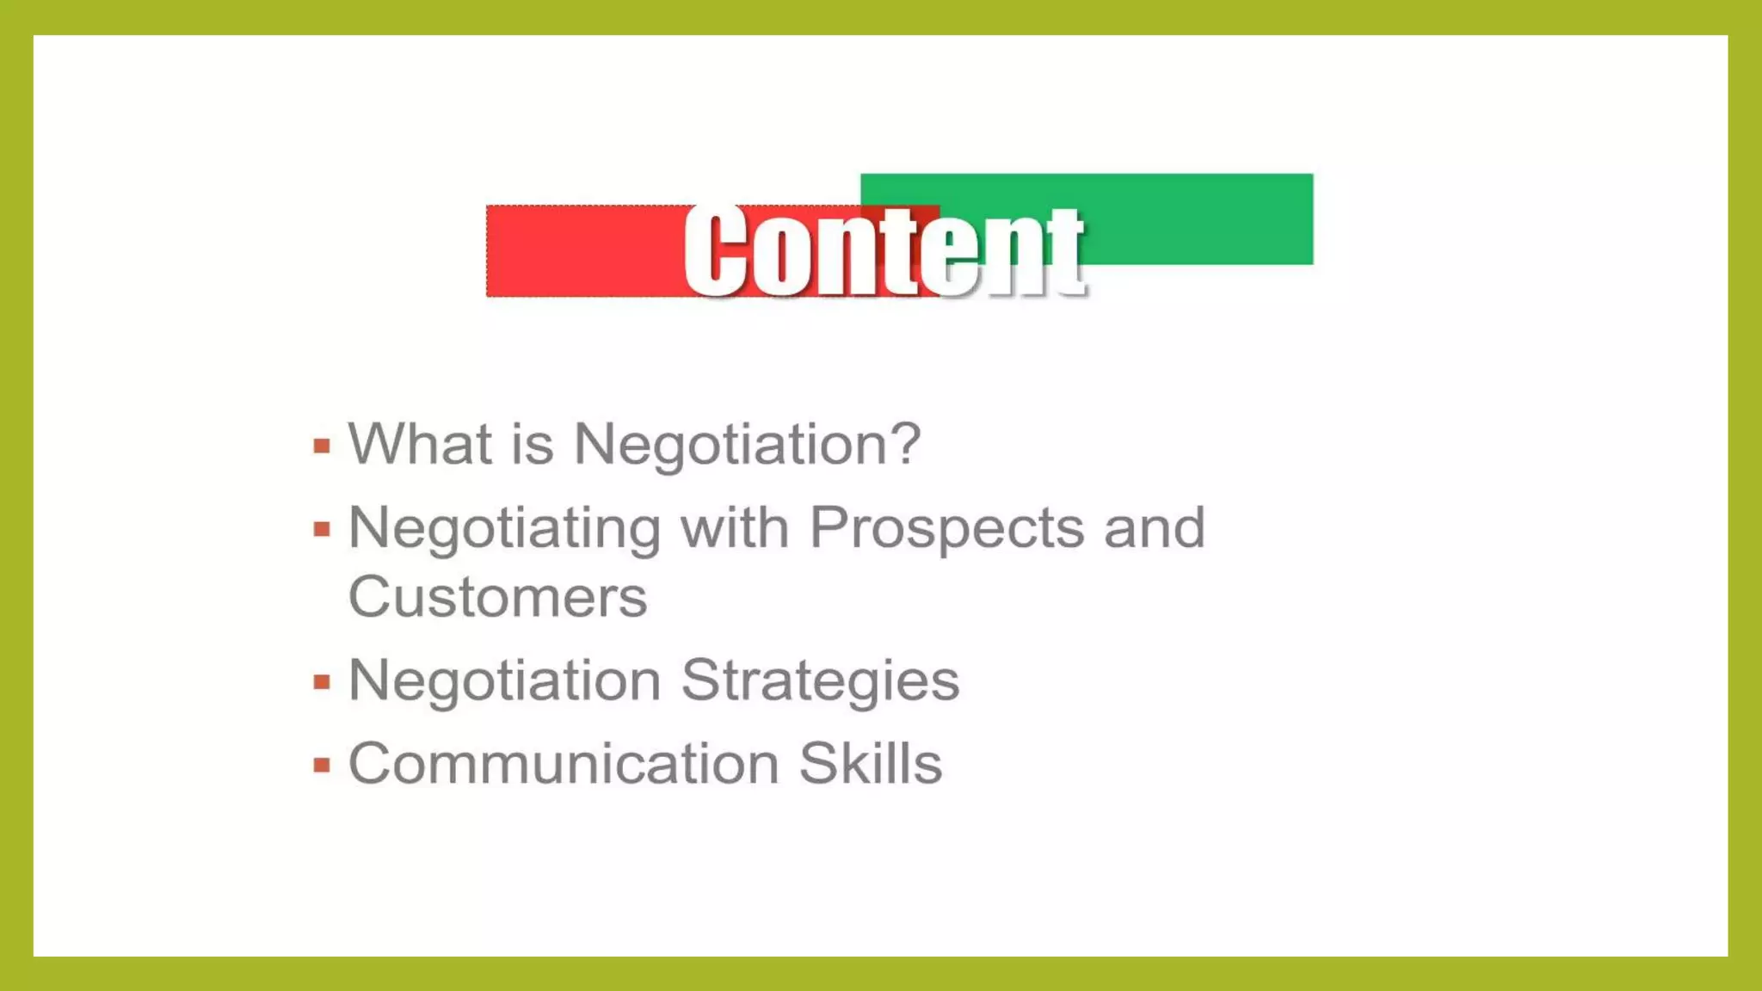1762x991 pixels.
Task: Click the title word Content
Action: click(884, 252)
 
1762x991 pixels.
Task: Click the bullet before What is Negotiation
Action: click(322, 446)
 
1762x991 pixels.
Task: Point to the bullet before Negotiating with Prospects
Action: click(322, 529)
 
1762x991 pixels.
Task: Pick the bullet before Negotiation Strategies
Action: click(322, 682)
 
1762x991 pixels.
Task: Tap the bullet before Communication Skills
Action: click(322, 765)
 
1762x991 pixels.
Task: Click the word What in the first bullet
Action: click(420, 444)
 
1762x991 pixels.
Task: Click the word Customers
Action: click(497, 597)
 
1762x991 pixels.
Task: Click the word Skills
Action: click(870, 763)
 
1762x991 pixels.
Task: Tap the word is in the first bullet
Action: click(532, 444)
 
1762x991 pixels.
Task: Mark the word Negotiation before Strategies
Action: click(504, 680)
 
